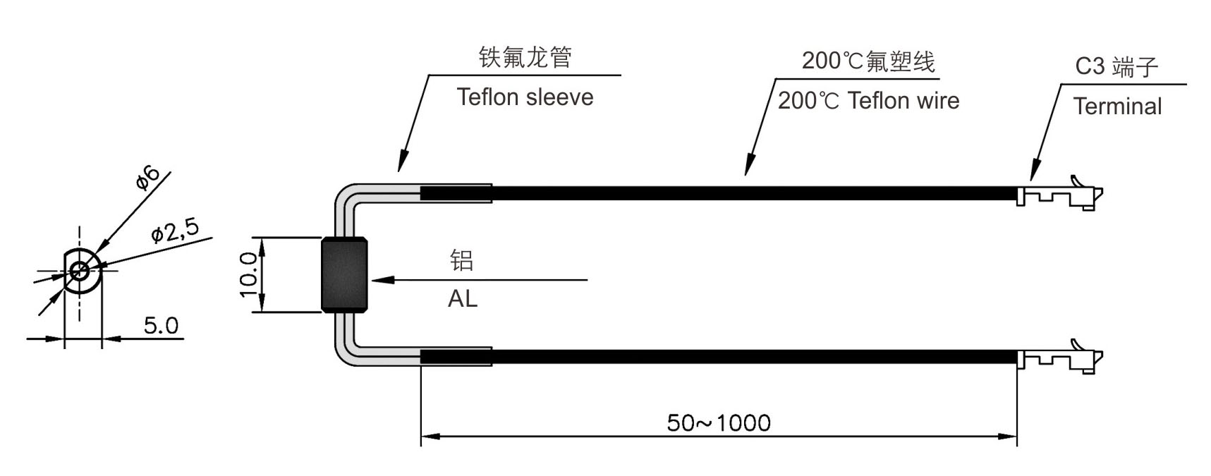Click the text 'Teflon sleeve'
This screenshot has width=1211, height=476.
tap(525, 97)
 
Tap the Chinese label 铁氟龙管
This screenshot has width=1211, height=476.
tap(525, 57)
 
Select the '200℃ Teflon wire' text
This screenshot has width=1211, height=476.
tap(868, 101)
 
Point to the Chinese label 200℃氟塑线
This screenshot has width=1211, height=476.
tap(868, 61)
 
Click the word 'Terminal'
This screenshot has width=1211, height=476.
tap(1117, 106)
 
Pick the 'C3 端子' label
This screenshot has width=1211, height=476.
tap(1116, 67)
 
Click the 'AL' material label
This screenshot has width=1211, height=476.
tap(463, 299)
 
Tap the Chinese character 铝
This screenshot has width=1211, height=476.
tap(462, 260)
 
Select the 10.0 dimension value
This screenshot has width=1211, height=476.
tap(248, 275)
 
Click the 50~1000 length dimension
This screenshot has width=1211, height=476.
tap(719, 422)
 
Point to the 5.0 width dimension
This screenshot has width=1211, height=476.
tap(161, 325)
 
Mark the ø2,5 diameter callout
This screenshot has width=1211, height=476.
tap(176, 230)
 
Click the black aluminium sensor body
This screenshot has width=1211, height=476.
tap(345, 275)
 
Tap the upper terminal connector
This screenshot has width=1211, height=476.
tap(1060, 193)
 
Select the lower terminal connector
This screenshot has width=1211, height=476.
tap(1060, 358)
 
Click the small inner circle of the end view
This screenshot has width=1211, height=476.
tap(79, 269)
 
